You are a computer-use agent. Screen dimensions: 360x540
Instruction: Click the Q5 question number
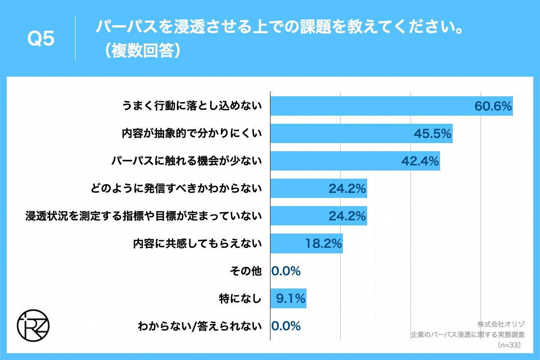click(x=41, y=39)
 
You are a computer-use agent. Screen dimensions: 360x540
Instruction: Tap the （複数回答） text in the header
click(x=140, y=50)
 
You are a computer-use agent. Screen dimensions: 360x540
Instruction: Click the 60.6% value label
click(x=493, y=106)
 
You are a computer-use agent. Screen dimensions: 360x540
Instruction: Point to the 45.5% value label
click(x=432, y=134)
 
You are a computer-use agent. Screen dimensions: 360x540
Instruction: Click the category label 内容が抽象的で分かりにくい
click(x=192, y=134)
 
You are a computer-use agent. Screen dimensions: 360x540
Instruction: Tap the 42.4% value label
click(x=420, y=161)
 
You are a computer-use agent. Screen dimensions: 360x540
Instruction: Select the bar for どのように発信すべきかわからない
click(x=318, y=189)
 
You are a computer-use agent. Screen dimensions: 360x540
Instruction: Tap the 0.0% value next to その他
click(x=286, y=271)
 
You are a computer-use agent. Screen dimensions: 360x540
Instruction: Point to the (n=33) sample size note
click(x=509, y=345)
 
